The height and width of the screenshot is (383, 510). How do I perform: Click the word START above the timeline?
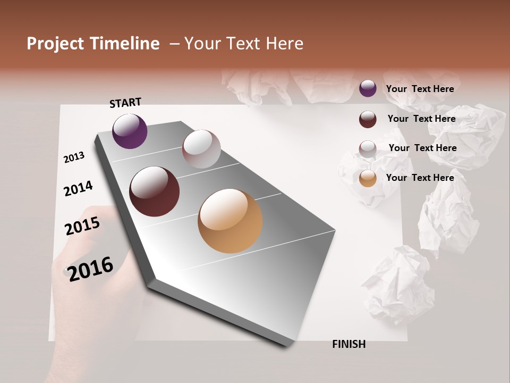coord(125,103)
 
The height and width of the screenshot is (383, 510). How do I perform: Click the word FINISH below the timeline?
coord(348,344)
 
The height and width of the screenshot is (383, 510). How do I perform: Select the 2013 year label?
coord(74,157)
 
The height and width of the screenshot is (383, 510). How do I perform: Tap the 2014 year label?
coord(78,188)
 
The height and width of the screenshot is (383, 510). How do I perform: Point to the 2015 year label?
coord(82,226)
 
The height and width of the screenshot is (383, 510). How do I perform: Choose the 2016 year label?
coord(90,269)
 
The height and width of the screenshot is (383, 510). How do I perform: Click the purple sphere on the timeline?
coord(130,131)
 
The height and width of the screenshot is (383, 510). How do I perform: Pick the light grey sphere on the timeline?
coord(201,149)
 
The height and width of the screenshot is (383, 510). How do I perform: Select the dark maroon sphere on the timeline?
coord(154,191)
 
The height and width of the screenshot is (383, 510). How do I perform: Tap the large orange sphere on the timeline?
coord(230,221)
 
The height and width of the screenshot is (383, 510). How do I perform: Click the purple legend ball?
coord(368,88)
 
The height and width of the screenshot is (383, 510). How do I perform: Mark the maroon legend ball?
coord(368,119)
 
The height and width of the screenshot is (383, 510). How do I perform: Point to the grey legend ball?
coord(368,149)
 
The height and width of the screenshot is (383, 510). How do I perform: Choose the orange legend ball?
coord(368,179)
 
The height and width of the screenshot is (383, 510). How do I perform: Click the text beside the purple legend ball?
coord(420,89)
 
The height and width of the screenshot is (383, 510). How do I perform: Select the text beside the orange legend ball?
coord(420,178)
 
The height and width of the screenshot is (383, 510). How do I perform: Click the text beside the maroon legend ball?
coord(421,119)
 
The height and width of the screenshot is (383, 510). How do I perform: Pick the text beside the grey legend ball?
coord(422,148)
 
